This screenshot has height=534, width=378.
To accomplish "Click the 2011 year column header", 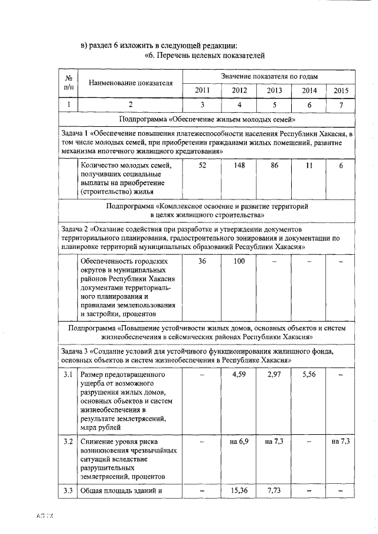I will click(x=202, y=90).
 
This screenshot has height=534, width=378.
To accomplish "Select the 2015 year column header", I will click(x=341, y=90).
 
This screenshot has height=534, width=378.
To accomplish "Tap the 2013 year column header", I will click(x=274, y=90).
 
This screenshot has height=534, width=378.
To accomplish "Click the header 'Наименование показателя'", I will click(x=131, y=83).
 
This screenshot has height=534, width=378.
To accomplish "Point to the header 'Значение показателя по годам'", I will click(x=269, y=77).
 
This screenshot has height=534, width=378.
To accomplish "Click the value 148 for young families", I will click(x=239, y=166).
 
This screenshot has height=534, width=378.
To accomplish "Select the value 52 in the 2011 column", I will click(x=203, y=166).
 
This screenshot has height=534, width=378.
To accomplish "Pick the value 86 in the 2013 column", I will click(x=274, y=166).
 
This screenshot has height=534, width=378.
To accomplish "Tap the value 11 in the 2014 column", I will click(x=308, y=166).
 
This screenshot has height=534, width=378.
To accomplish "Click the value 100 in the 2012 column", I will click(x=239, y=261).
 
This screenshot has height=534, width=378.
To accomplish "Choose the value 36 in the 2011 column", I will click(x=202, y=261).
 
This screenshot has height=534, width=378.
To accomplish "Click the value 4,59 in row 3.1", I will click(x=239, y=374).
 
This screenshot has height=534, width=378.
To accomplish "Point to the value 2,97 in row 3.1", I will click(x=274, y=374).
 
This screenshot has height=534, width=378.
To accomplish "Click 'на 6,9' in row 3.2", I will click(x=239, y=441).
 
